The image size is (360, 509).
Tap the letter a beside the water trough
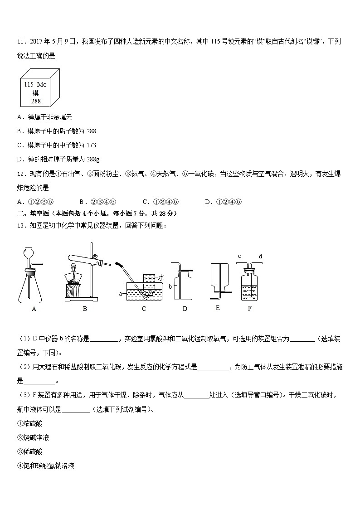click(121, 294)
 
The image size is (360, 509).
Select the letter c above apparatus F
click(239, 257)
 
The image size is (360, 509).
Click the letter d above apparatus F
click(260, 257)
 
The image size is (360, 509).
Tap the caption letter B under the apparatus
click(85, 309)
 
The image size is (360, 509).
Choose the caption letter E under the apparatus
click(218, 308)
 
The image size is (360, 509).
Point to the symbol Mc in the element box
click(42, 84)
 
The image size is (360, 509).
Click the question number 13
click(21, 226)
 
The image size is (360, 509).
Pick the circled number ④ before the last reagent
click(20, 465)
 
